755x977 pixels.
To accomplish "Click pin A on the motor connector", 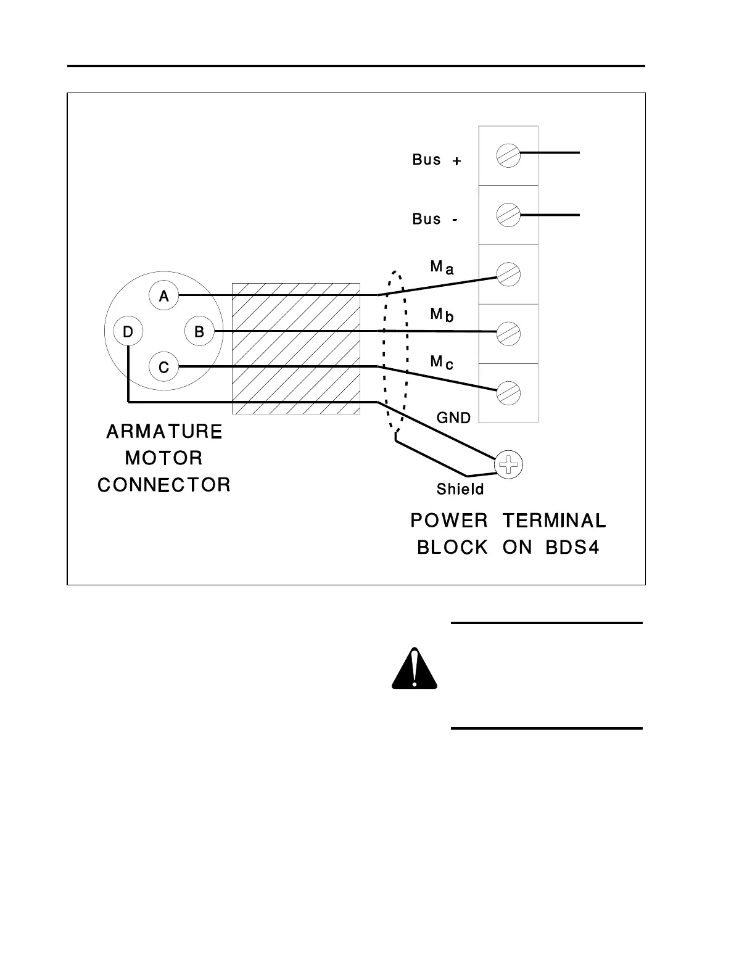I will click(x=163, y=296).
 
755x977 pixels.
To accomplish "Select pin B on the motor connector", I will click(x=199, y=332).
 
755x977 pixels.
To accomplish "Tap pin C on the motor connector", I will click(x=163, y=368).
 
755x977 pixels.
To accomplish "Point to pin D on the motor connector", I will click(x=128, y=332).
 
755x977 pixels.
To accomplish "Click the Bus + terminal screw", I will click(x=508, y=155).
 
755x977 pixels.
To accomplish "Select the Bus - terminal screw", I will click(x=508, y=215).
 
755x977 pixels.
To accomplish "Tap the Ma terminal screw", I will click(x=508, y=274).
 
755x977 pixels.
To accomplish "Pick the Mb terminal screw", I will click(x=508, y=334).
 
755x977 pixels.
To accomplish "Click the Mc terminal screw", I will click(x=508, y=393).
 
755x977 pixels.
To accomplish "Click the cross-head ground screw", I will click(x=509, y=464).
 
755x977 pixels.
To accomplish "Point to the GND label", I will click(x=453, y=418).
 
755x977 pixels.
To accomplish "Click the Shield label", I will click(x=460, y=490).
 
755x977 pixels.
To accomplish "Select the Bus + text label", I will click(x=436, y=160).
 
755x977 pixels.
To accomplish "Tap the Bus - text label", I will click(x=435, y=219).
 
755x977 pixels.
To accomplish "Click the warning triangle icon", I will click(x=415, y=669).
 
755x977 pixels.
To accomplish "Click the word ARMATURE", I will click(x=164, y=432).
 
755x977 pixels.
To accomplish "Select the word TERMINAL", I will click(x=554, y=521).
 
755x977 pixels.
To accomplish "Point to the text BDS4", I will click(x=572, y=548).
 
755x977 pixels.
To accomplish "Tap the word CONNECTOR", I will click(x=164, y=485).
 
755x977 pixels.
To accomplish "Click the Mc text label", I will click(x=442, y=362).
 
